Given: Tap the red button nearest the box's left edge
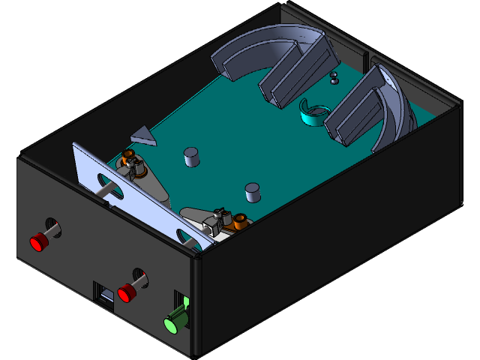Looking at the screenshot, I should [x=37, y=242].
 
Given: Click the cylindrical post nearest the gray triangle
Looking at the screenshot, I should [x=192, y=157].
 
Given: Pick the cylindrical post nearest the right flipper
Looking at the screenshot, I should [x=253, y=193].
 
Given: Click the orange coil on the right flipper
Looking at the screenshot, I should [x=240, y=221].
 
